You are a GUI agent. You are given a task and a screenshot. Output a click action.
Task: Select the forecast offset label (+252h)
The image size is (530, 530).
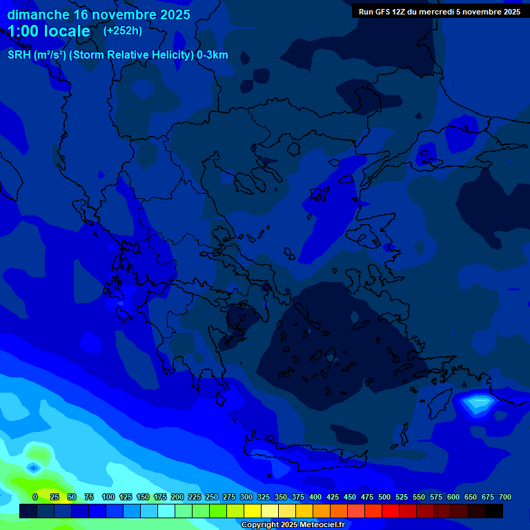(x=123, y=31)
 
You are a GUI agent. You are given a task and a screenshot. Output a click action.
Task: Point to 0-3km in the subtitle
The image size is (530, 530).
(x=213, y=55)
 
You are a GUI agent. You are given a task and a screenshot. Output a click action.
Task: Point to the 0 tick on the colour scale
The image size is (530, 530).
(x=35, y=497)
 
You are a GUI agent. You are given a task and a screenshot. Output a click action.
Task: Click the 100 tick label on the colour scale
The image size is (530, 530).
(x=108, y=497)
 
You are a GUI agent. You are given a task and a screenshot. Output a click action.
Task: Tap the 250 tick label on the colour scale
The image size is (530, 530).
(x=212, y=497)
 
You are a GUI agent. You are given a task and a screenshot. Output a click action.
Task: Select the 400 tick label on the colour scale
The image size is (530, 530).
(x=315, y=497)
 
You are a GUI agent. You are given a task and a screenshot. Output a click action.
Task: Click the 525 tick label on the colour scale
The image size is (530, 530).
(x=402, y=497)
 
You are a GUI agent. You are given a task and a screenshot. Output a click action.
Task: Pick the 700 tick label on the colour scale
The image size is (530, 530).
(x=504, y=497)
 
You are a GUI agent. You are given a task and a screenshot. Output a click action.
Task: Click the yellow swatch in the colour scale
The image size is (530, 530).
(x=253, y=511)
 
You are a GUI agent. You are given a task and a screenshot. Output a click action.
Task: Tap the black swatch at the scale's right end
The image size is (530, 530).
(x=494, y=511)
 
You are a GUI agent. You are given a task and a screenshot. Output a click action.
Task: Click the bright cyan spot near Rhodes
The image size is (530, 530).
(x=478, y=400)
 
